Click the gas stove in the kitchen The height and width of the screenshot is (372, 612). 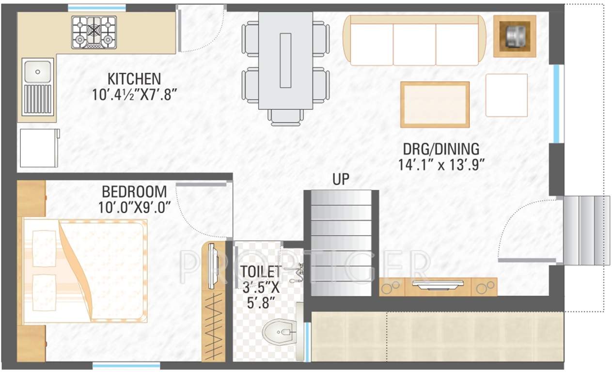click(x=94, y=32)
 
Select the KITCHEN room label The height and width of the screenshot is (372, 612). click(x=134, y=78)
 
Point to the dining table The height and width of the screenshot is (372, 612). click(x=285, y=61)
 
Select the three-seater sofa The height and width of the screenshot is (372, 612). click(x=414, y=41)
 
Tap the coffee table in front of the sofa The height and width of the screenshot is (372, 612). click(x=435, y=105)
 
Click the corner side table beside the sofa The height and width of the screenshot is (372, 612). click(x=515, y=36)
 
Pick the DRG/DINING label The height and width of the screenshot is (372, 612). click(x=441, y=148)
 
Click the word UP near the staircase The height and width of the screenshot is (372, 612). click(x=341, y=180)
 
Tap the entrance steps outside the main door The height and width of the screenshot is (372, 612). click(x=586, y=231)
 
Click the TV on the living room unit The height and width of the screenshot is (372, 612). click(x=438, y=284)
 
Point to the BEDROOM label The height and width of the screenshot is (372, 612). click(x=134, y=192)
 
